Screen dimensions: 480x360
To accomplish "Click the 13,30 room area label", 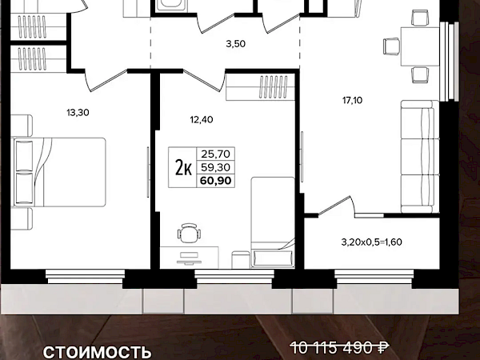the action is (78, 113).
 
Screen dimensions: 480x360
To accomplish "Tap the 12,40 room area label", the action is (202, 120).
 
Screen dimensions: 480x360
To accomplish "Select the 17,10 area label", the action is (352, 100).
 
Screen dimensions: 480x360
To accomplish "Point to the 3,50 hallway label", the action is (236, 44).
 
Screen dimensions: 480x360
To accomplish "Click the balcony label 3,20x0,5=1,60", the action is (372, 242).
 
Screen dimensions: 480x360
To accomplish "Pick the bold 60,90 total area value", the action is (215, 181).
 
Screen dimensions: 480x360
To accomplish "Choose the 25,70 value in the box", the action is (215, 154).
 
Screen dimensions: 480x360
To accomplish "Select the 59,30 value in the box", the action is (215, 167).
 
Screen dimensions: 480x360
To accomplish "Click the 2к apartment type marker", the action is (183, 168).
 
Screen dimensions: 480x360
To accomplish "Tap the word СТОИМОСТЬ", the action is (97, 353).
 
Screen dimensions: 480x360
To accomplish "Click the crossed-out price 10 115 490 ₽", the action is (339, 348).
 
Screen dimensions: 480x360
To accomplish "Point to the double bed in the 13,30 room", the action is (58, 172).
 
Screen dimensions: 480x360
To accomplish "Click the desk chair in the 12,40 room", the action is (190, 233).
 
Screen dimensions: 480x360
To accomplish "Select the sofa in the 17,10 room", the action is (420, 157).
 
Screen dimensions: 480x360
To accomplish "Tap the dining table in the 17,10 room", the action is (420, 46).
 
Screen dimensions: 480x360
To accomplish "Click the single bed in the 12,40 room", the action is (273, 222).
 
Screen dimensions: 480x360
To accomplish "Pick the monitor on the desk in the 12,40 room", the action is (190, 258).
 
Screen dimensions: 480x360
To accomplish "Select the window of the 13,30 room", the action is (85, 277).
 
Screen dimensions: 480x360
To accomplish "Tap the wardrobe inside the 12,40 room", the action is (260, 87).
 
